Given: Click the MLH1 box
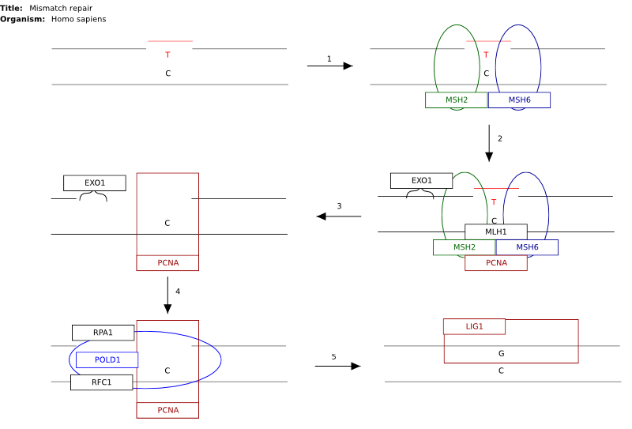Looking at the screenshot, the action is point(496,231).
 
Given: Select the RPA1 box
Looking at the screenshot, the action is point(103,333).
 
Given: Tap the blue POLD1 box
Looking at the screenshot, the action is point(107,359).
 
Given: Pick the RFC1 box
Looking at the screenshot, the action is point(102,382).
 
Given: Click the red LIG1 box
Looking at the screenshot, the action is point(475,326).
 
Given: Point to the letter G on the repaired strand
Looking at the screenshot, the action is point(502,353).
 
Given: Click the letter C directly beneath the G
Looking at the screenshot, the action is point(501,371).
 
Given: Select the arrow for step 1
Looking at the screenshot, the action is point(329,66).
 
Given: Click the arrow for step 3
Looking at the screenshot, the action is point(339,216).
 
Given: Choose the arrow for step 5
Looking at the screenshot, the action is point(338,366).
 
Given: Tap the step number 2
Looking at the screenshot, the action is point(500,139).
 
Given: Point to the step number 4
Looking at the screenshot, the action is point(178,291).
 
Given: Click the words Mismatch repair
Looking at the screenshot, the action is point(61,8).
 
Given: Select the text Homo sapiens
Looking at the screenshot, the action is point(78,19).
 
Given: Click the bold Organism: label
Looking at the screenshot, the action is point(23,19).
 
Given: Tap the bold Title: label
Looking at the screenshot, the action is point(11,8).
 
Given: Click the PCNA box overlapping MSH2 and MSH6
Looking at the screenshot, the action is point(496,263).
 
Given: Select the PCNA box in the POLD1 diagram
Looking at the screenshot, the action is point(167,410).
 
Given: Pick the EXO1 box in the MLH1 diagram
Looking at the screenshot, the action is point(422,181).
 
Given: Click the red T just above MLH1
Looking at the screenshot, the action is point(495,202).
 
